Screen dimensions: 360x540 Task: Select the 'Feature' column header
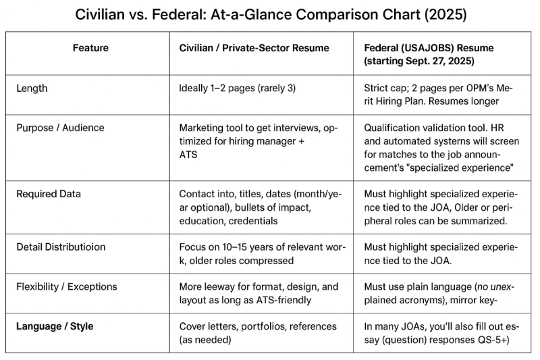[90, 48]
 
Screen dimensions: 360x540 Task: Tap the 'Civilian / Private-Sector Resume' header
[254, 48]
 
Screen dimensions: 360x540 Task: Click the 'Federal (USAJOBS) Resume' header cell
[429, 54]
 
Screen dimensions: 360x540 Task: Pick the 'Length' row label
[32, 88]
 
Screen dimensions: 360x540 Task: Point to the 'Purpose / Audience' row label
[60, 128]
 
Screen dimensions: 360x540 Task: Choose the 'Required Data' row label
[49, 194]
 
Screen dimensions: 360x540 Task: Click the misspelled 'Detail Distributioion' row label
[61, 247]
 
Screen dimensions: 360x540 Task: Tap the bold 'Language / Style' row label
[55, 326]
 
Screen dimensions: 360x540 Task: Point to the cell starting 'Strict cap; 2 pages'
[438, 95]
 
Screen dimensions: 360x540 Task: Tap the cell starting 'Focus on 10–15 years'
[263, 253]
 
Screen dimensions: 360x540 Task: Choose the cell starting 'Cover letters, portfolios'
[257, 332]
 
